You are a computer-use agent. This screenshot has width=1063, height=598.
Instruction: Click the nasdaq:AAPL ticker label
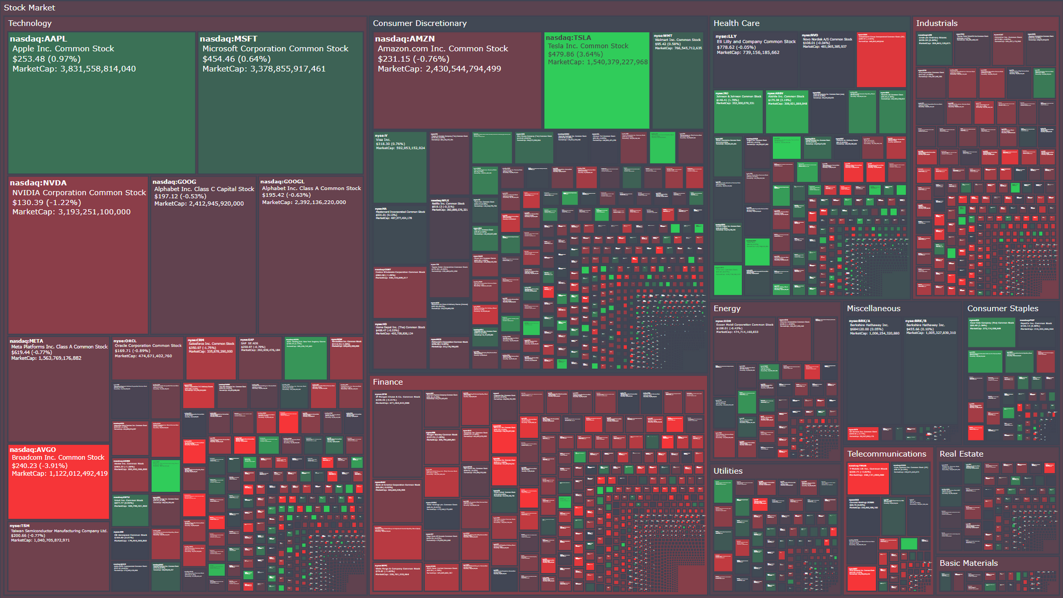38,39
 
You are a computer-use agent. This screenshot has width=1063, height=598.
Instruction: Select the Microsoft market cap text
264,69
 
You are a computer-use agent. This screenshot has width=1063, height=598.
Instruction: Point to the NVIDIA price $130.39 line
47,202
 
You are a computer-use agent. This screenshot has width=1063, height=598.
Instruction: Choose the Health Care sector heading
736,23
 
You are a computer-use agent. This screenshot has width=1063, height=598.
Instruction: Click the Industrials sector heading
936,23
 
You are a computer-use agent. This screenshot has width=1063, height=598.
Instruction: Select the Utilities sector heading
727,471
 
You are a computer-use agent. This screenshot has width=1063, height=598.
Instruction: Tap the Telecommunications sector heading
886,454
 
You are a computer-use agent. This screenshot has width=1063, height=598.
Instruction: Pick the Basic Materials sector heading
968,563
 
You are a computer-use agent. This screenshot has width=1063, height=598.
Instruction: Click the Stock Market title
29,8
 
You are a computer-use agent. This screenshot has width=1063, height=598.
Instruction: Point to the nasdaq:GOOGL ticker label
282,181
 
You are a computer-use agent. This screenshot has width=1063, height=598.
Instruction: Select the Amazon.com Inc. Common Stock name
442,49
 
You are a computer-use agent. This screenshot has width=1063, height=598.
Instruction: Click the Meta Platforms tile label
59,347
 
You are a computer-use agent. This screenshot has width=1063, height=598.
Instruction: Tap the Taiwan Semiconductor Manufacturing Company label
59,531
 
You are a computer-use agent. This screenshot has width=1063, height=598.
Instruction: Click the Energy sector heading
726,309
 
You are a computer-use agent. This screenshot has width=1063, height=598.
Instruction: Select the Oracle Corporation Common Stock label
148,346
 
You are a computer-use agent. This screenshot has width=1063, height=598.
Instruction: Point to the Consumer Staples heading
1002,309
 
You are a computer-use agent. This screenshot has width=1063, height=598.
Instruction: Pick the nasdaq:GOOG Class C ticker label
174,182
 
